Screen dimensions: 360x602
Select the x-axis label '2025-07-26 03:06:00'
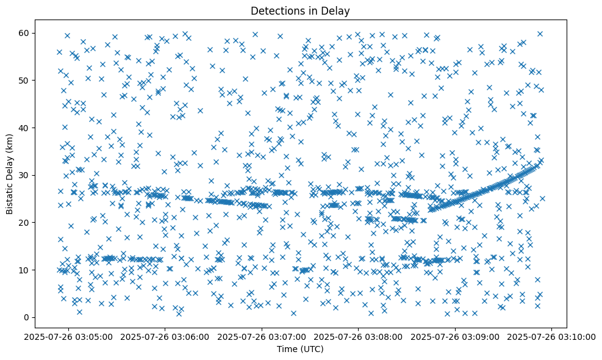165,336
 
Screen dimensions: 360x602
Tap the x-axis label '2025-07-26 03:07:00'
262,336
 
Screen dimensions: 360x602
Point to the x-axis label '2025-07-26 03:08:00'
359,336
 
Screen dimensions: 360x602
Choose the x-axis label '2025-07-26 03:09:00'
456,336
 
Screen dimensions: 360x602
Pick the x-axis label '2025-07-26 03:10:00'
552,336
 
